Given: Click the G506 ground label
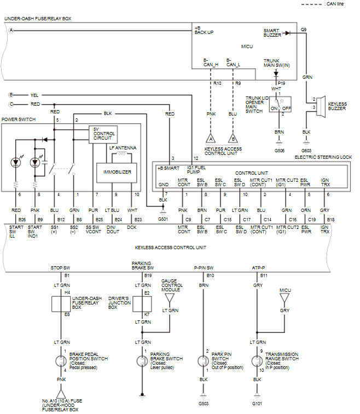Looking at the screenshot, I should point(279,150).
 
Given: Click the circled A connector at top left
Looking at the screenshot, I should point(10,31).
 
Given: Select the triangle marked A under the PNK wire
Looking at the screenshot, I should point(210,139).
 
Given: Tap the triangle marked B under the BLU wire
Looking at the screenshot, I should point(233,139).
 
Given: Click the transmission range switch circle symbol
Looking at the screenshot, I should point(257,362).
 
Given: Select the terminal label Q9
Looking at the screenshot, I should point(304,28).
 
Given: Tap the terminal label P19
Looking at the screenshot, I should point(281,83).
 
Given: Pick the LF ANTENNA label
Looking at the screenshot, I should point(123,148).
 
